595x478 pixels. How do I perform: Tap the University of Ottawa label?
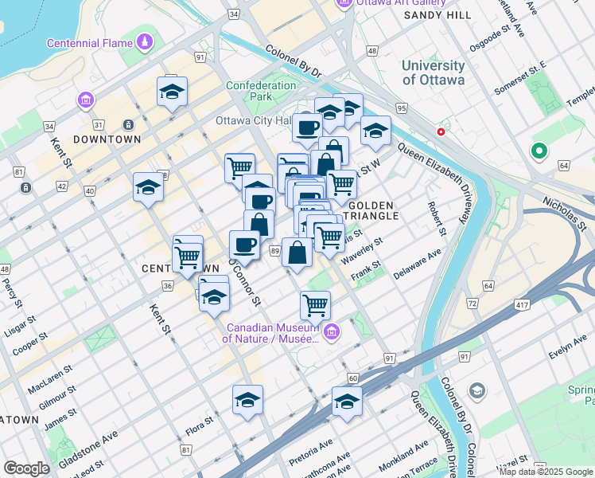[434, 72]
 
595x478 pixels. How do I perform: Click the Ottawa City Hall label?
[255, 121]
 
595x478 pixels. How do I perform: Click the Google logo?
[26, 468]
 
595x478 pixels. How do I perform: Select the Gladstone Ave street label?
[88, 442]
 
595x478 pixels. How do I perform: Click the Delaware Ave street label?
[417, 264]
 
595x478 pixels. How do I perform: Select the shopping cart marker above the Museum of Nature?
[316, 304]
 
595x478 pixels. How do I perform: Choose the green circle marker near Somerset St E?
[539, 150]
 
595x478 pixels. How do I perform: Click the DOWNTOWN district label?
[107, 139]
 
